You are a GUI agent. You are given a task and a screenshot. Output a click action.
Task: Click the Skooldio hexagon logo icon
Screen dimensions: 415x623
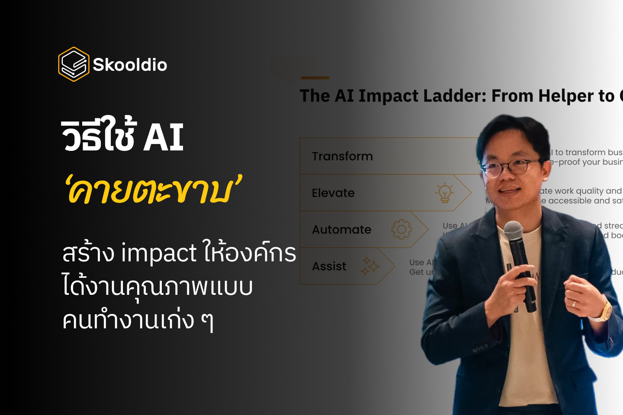coord(74,64)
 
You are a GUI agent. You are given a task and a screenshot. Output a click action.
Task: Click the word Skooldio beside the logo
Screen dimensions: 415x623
coord(130,65)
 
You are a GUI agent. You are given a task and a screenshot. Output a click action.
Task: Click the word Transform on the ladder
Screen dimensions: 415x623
coord(342,156)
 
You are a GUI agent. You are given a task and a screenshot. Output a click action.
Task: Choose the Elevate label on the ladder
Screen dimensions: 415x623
coord(333,193)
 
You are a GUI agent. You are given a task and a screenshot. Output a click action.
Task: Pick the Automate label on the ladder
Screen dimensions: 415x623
coord(341,230)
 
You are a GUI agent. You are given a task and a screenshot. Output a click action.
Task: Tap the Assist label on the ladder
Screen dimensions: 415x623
coord(329,266)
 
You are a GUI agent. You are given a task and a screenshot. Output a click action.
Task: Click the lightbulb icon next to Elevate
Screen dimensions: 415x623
coord(444,193)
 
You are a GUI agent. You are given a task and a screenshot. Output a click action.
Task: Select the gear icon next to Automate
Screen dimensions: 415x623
coord(401,229)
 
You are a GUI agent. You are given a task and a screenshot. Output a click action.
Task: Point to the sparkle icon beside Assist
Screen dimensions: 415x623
coord(370,266)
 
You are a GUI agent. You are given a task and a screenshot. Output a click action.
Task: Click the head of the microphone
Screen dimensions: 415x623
coord(514,232)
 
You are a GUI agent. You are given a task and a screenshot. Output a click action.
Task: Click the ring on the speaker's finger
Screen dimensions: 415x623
coord(574,303)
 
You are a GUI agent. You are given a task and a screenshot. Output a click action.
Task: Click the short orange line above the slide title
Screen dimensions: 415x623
coord(315,78)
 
